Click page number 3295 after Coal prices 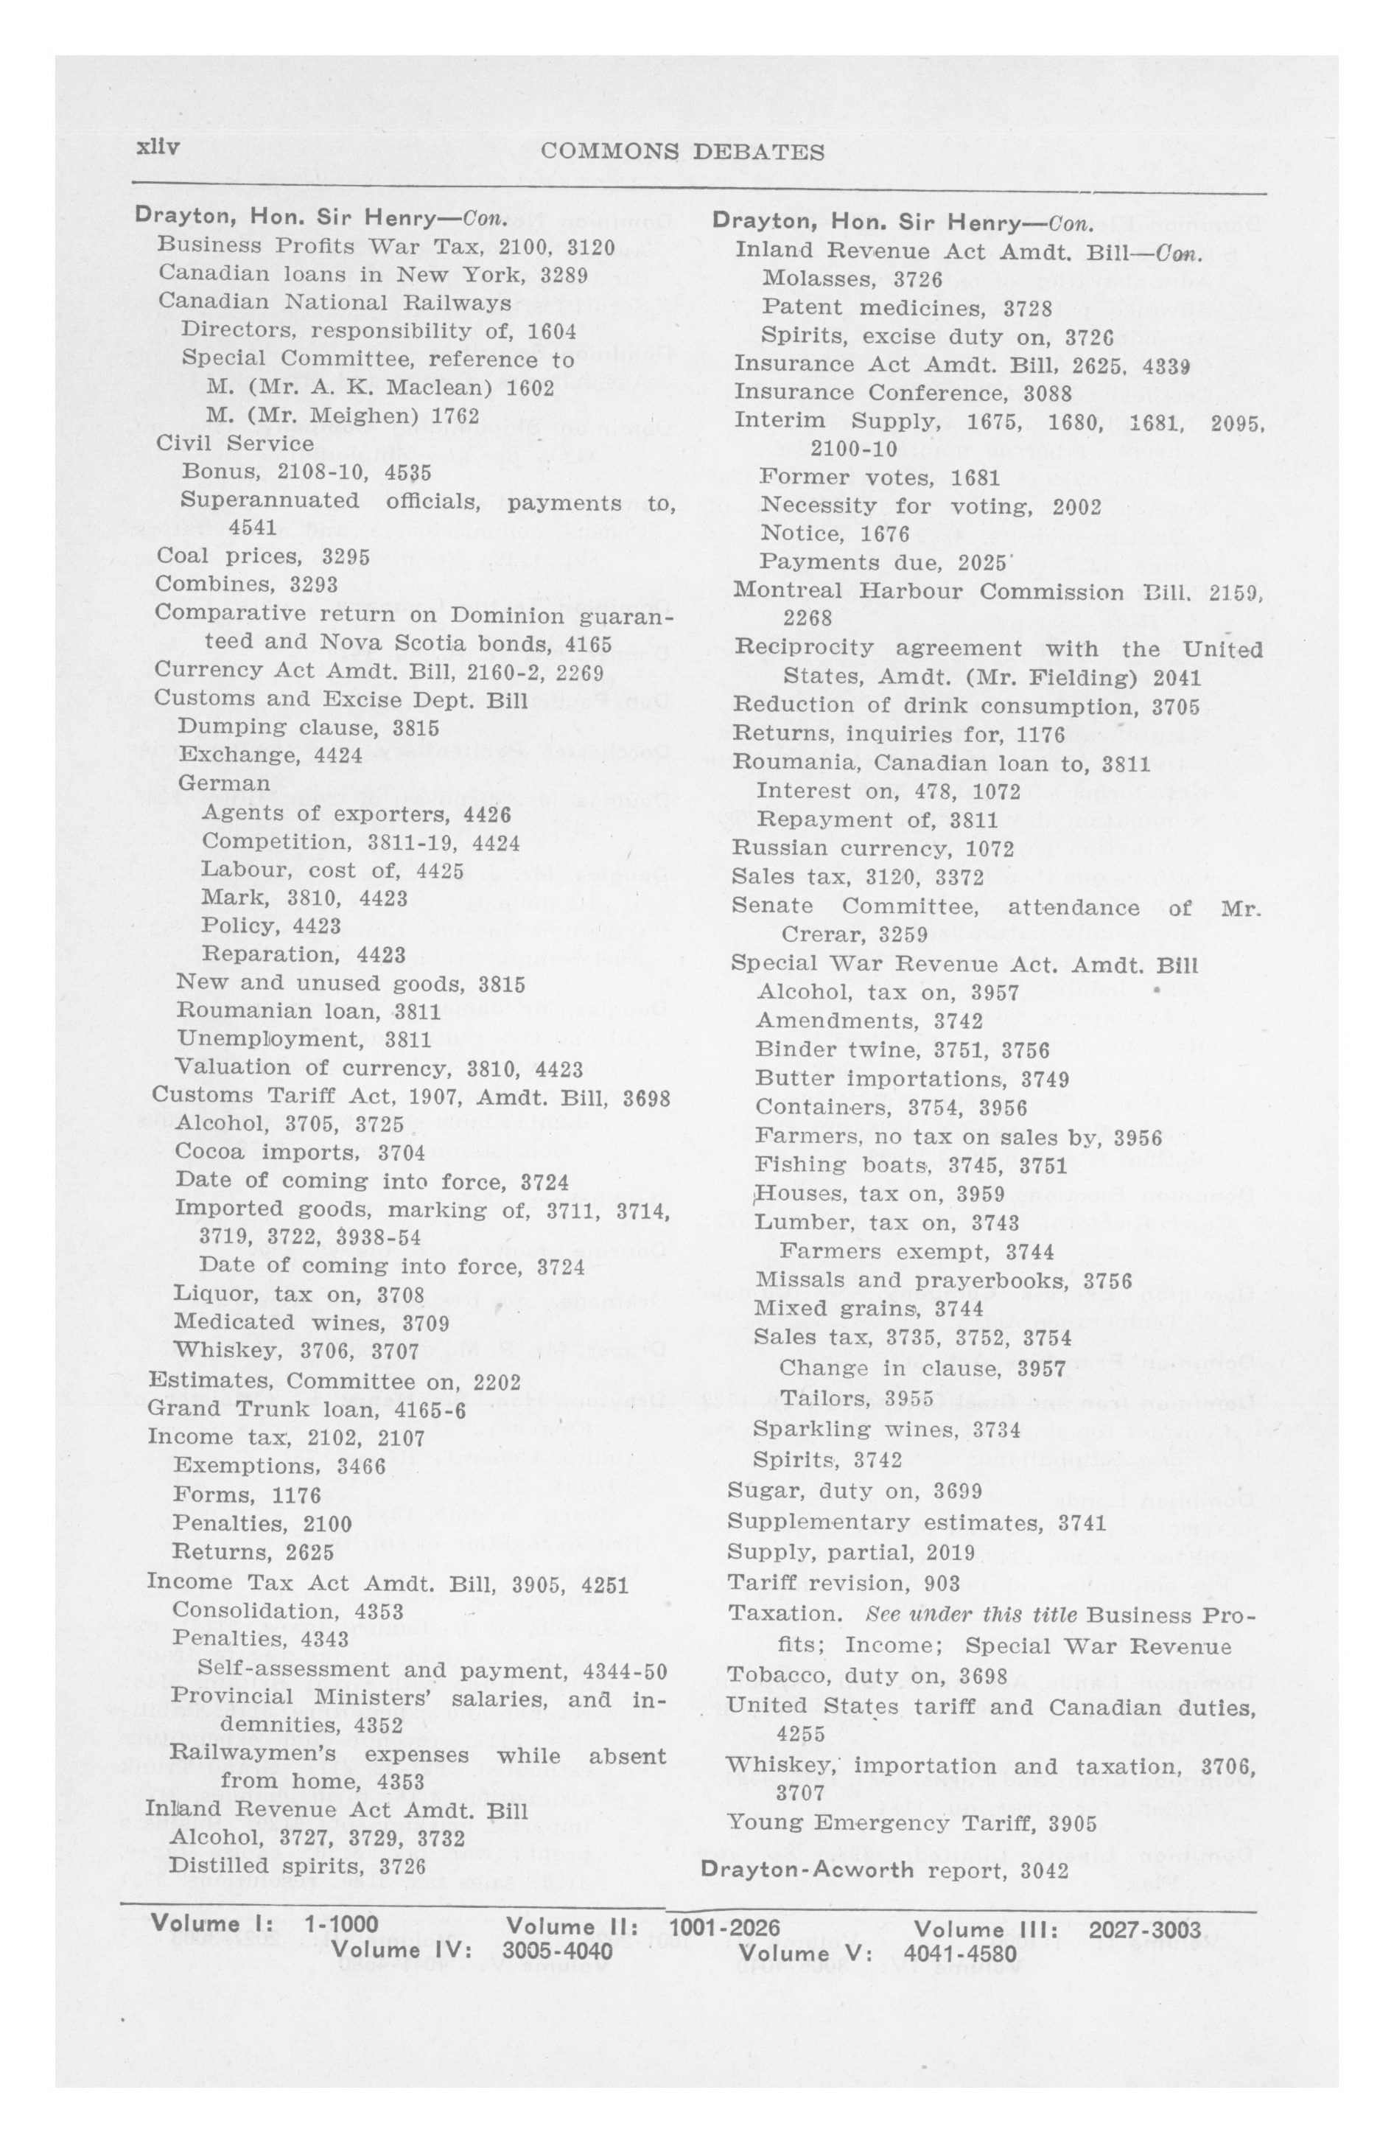(x=346, y=556)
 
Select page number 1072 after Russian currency (x=990, y=849)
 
